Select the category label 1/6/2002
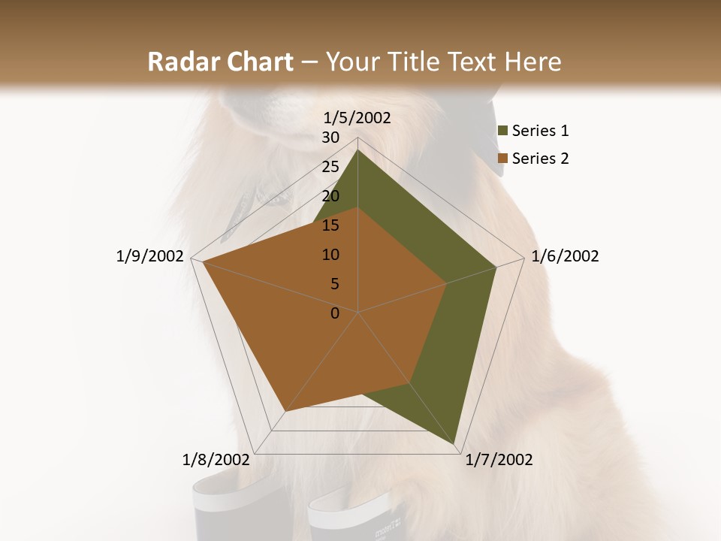coord(565,256)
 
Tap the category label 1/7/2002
coord(499,460)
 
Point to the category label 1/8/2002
coord(216,460)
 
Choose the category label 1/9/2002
coord(149,256)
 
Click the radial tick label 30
coord(330,138)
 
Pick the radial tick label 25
coord(330,167)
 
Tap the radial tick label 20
coord(330,196)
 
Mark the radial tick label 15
coord(330,225)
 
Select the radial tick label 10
coord(330,255)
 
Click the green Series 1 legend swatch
coord(503,131)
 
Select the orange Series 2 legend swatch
coord(503,159)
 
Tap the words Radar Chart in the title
coord(220,62)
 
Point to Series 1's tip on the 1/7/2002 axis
coord(455,444)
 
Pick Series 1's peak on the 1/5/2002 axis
coord(357,150)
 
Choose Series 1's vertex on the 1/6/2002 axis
coord(496,267)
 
